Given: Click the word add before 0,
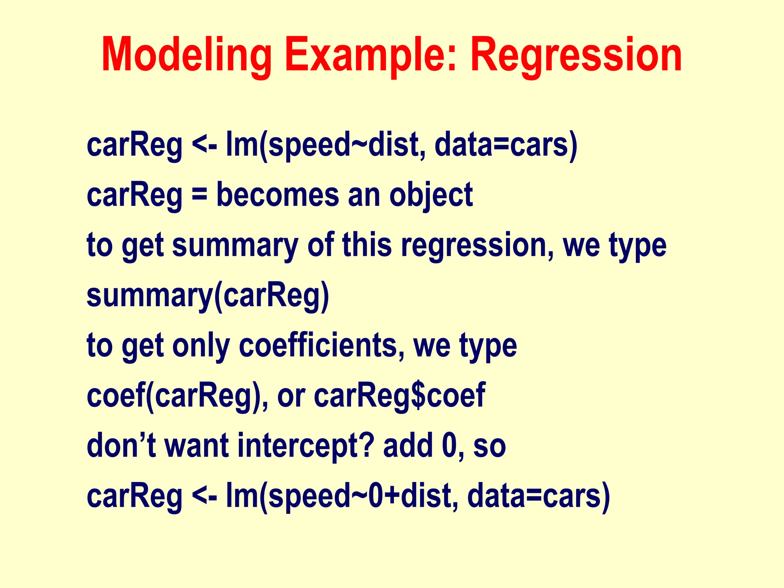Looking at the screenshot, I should pos(408,445).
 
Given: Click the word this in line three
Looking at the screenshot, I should pos(367,245).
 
